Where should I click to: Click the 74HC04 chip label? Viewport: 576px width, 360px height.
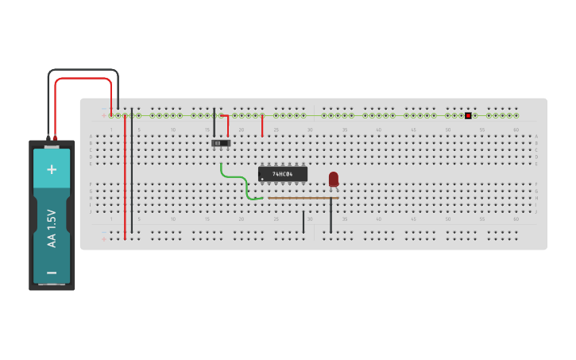pos(283,173)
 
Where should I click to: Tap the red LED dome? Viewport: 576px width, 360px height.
pos(334,178)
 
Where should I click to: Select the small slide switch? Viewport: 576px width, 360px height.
pos(222,143)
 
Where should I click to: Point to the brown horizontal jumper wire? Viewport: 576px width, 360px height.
pos(302,197)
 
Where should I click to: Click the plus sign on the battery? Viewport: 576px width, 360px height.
pos(52,168)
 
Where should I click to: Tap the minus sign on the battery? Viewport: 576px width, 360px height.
pos(52,273)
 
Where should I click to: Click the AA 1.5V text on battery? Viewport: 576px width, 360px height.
pos(52,229)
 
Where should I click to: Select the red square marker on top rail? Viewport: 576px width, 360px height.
pos(468,116)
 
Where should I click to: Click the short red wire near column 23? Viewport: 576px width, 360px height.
pos(262,126)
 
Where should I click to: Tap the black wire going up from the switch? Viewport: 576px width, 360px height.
pos(214,123)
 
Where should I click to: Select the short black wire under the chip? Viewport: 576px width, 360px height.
pos(303,222)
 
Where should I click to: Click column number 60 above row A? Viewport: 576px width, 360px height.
pos(516,130)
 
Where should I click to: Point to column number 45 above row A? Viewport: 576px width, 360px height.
pos(413,130)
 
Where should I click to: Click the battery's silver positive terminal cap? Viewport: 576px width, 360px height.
pos(52,145)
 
